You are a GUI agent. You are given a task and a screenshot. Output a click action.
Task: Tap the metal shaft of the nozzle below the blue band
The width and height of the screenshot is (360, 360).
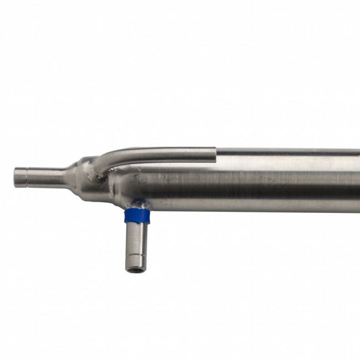pyautogui.click(x=134, y=238)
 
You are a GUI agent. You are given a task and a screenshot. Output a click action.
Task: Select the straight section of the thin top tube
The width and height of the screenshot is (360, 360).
pyautogui.click(x=166, y=152)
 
